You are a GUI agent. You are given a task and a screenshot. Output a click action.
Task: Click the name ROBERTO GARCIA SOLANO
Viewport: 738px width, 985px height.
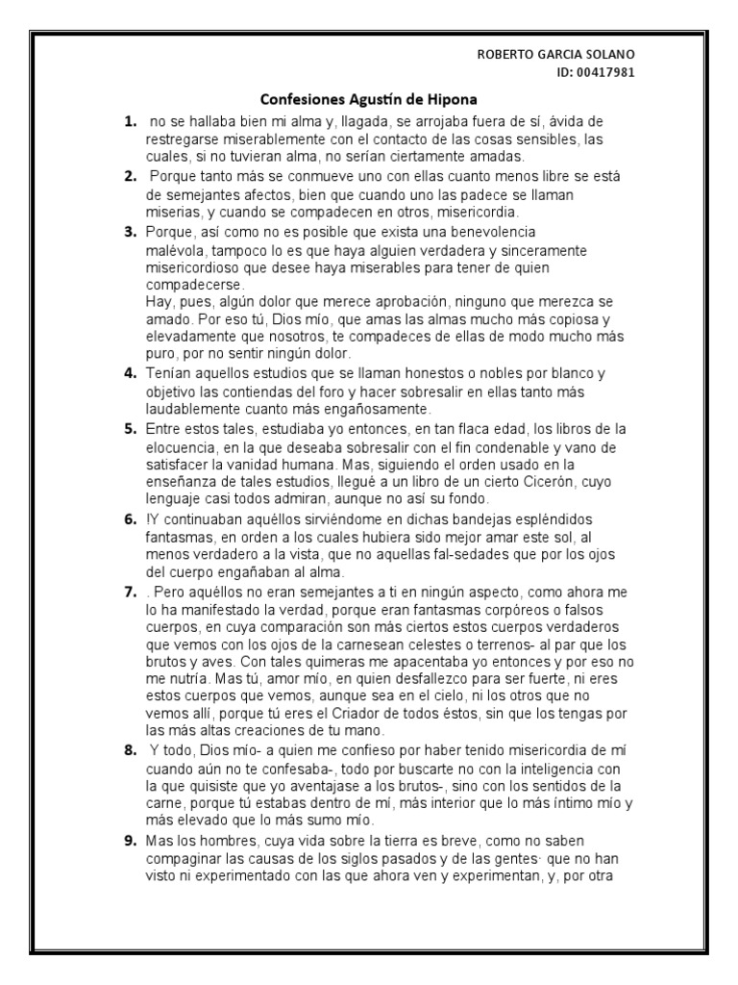(x=556, y=54)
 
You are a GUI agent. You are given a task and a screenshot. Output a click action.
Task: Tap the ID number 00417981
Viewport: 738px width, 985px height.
(x=606, y=71)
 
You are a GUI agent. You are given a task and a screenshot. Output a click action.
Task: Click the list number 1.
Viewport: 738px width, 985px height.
(x=128, y=122)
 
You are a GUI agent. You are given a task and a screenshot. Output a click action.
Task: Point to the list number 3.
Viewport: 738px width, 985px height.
(x=128, y=232)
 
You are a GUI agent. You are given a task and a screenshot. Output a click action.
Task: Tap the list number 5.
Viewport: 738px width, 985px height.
(x=128, y=427)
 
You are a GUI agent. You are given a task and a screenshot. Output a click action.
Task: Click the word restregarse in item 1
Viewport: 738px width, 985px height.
(x=182, y=139)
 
